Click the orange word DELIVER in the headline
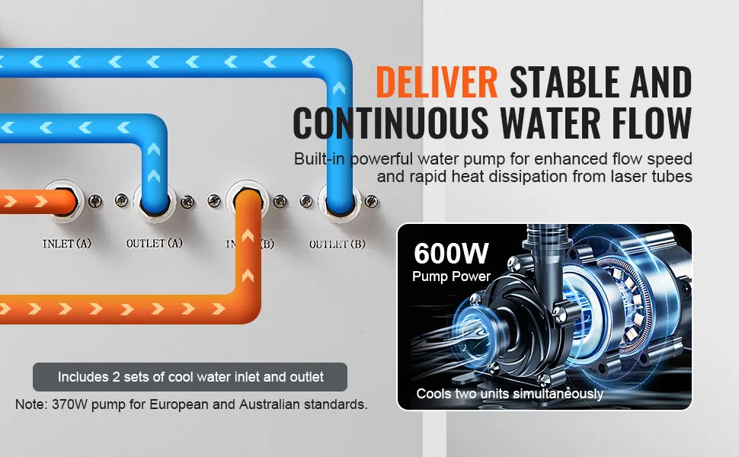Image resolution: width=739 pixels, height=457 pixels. pyautogui.click(x=437, y=82)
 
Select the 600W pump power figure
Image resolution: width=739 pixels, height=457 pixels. pyautogui.click(x=451, y=253)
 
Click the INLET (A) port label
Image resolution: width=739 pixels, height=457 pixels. pyautogui.click(x=66, y=244)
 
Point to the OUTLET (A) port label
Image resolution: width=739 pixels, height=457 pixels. pyautogui.click(x=154, y=243)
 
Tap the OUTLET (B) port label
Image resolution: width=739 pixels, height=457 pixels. pyautogui.click(x=337, y=244)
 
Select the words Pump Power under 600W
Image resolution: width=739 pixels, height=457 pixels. pyautogui.click(x=451, y=276)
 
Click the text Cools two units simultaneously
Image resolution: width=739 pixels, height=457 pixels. pyautogui.click(x=510, y=393)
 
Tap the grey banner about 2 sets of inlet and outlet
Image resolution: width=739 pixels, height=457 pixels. pyautogui.click(x=190, y=377)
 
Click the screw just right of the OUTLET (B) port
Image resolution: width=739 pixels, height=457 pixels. pyautogui.click(x=371, y=201)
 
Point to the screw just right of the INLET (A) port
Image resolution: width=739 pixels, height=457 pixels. pyautogui.click(x=95, y=201)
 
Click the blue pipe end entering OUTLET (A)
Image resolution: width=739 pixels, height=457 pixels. pyautogui.click(x=154, y=203)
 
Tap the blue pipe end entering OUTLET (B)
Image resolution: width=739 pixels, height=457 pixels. pyautogui.click(x=339, y=203)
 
